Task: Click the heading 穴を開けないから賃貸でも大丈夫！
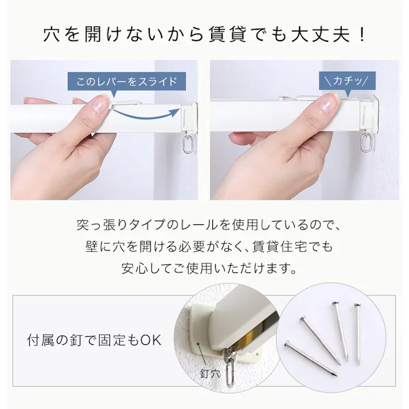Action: (204, 34)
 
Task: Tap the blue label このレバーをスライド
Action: (127, 81)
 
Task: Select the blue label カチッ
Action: (347, 80)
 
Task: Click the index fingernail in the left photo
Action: (101, 104)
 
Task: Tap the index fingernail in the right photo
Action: (329, 103)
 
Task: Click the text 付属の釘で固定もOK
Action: (95, 340)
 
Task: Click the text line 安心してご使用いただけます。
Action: (204, 268)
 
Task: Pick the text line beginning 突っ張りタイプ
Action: (204, 225)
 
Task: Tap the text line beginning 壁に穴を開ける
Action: (204, 247)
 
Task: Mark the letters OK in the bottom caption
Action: (151, 340)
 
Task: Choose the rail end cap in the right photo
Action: (368, 115)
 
